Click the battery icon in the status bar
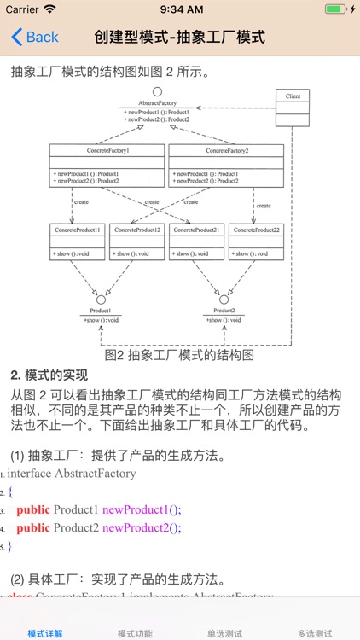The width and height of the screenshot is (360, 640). (x=337, y=9)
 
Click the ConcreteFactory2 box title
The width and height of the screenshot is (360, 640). (x=226, y=150)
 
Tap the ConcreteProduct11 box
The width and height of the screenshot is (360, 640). (x=78, y=242)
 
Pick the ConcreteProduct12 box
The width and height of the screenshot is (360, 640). (x=137, y=242)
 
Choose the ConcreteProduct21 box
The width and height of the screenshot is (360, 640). (x=197, y=242)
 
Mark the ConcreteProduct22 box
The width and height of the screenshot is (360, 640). (x=257, y=242)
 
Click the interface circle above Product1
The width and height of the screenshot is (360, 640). (x=101, y=300)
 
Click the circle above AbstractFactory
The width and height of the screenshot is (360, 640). (x=156, y=91)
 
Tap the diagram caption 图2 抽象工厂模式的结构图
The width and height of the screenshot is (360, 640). (x=179, y=355)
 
